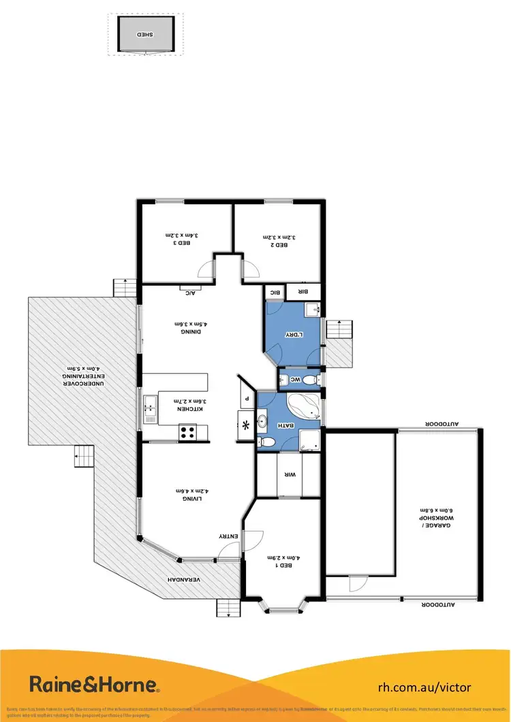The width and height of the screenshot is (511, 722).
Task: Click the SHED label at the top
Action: (x=145, y=33)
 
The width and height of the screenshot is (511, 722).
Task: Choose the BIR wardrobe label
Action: (x=303, y=292)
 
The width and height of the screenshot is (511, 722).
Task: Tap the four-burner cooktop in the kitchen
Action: (x=187, y=430)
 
